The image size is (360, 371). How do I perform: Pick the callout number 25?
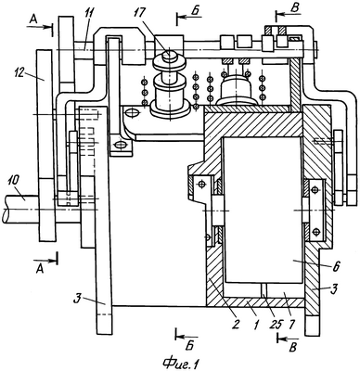tap(277, 324)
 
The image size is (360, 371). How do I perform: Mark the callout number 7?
tap(292, 324)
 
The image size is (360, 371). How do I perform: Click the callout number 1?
tap(256, 324)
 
